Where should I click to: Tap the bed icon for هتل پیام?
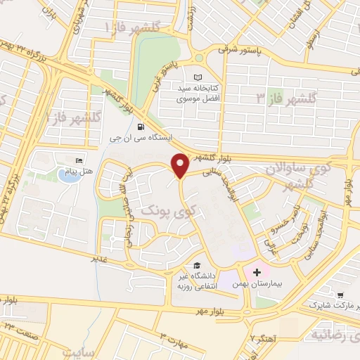point(78,160)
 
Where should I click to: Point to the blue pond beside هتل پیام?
point(67,176)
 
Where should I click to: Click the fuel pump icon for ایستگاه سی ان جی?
point(143,127)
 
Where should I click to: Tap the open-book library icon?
point(197,77)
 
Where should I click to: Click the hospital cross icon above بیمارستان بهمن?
point(256,271)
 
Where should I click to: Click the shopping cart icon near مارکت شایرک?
point(340,295)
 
